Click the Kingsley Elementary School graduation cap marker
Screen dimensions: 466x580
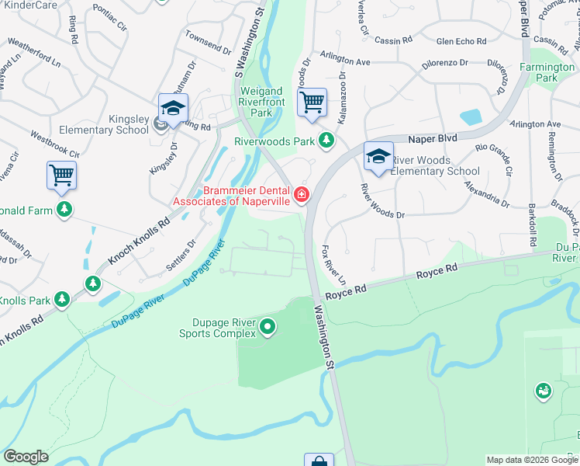[173, 109]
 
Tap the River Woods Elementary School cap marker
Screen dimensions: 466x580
[378, 158]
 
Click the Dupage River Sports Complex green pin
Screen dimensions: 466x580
[268, 326]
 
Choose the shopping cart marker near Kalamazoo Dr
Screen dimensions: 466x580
[312, 102]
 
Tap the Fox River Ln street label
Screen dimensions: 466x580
[333, 265]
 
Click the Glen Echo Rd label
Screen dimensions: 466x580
[461, 42]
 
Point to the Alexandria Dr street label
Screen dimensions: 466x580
[487, 195]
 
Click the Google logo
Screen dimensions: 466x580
[26, 457]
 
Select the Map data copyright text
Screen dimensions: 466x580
[532, 460]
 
